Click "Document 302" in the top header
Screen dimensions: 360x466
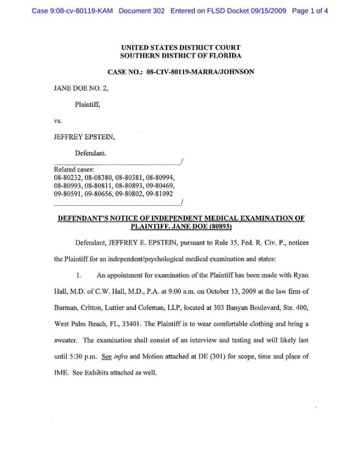point(143,11)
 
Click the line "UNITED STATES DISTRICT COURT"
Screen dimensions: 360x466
point(181,46)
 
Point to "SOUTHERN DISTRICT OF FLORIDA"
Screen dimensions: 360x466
point(181,55)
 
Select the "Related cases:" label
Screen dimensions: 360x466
point(74,169)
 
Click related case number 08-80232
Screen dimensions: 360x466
point(67,177)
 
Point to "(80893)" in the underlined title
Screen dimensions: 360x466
point(217,227)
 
